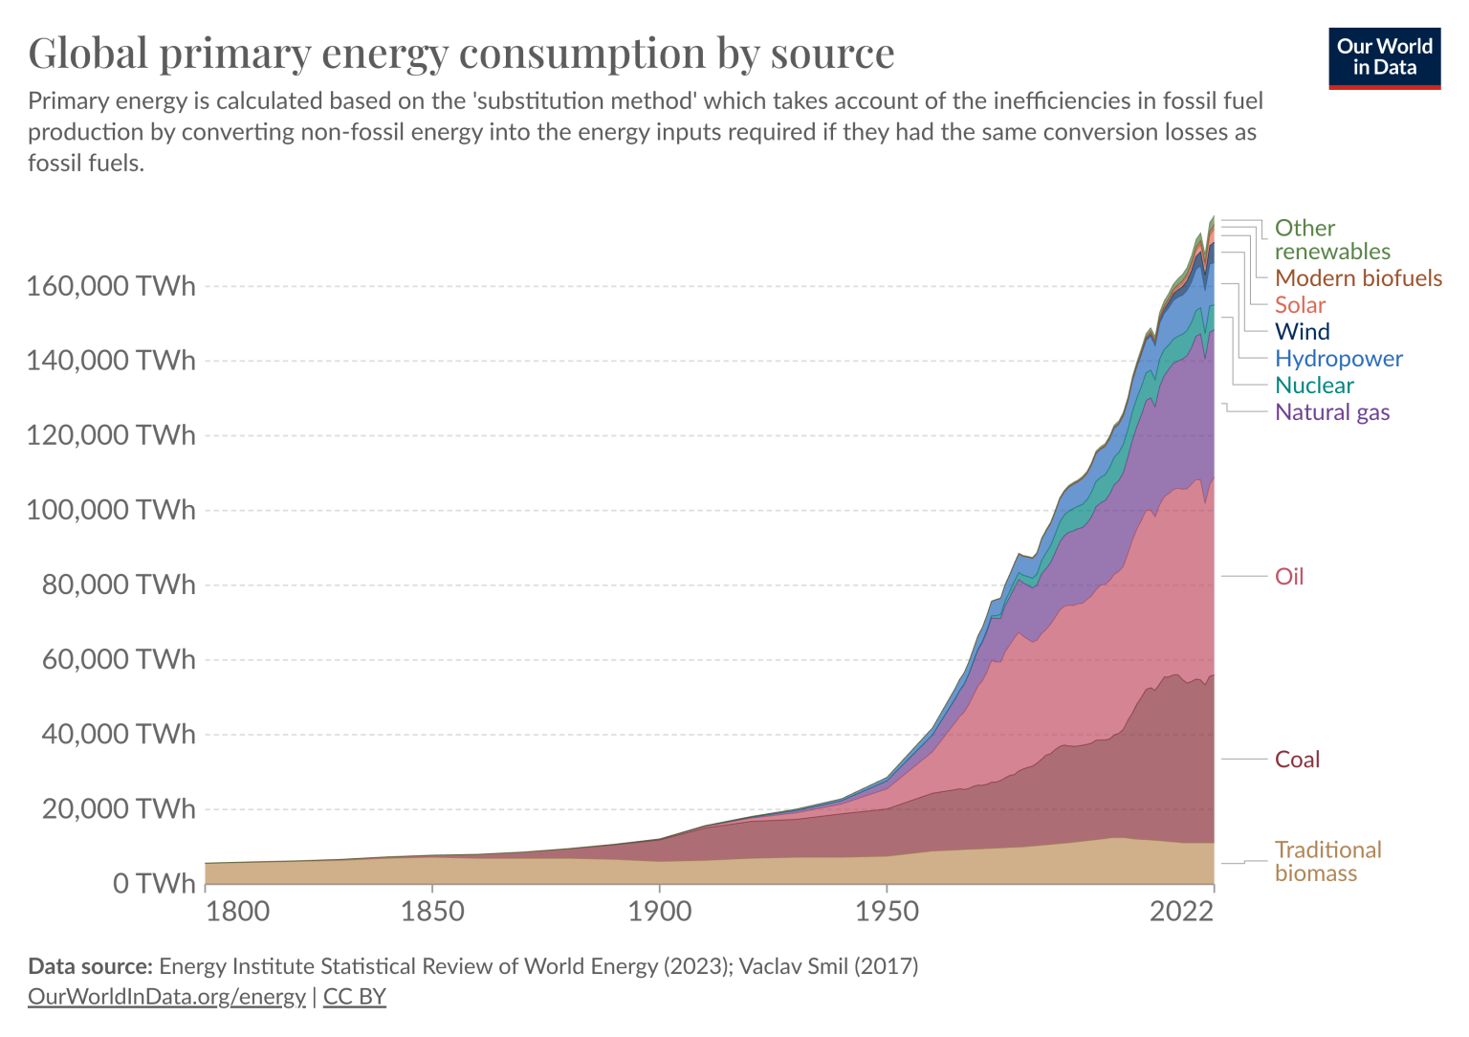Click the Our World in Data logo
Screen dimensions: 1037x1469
click(x=1384, y=58)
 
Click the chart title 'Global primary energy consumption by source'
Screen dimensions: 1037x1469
click(x=461, y=53)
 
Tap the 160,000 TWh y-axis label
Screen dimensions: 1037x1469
click(x=111, y=286)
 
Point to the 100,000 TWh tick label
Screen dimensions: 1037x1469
click(x=111, y=510)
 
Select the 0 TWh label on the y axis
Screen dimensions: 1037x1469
click(x=154, y=883)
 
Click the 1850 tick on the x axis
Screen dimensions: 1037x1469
click(x=432, y=911)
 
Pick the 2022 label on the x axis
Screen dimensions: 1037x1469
click(x=1182, y=911)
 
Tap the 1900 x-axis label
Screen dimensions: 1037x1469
click(x=660, y=911)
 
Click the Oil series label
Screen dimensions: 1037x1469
click(x=1289, y=576)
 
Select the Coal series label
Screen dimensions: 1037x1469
click(x=1297, y=760)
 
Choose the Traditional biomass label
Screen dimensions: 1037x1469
click(x=1327, y=861)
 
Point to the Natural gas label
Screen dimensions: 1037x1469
click(x=1332, y=412)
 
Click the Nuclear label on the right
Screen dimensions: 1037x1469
click(x=1314, y=386)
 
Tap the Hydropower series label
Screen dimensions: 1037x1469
click(x=1338, y=359)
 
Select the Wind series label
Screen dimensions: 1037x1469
click(x=1302, y=332)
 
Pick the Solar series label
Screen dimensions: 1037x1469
click(x=1300, y=305)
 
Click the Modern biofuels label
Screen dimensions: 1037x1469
click(x=1358, y=278)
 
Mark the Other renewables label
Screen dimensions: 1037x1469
click(x=1332, y=239)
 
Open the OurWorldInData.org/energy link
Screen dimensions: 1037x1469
click(x=166, y=996)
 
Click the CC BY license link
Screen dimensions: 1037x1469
click(x=355, y=996)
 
